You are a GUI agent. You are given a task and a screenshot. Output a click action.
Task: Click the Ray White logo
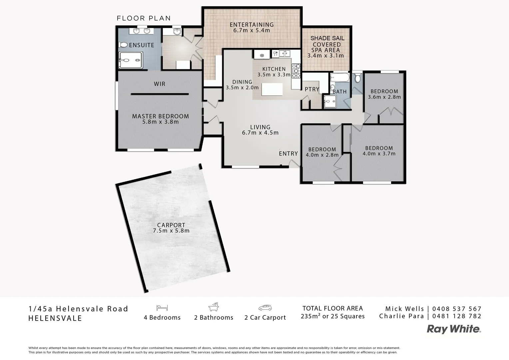[454, 329]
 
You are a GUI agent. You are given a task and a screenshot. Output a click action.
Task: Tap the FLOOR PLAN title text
[144, 18]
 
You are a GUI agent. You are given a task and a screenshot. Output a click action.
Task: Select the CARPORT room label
[171, 225]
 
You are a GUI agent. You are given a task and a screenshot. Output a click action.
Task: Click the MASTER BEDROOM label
[160, 116]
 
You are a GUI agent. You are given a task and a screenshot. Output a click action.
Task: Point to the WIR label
[160, 84]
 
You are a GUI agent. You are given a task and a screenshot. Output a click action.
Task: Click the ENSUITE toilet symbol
[122, 45]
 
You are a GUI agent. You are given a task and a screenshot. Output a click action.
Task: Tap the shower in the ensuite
[131, 60]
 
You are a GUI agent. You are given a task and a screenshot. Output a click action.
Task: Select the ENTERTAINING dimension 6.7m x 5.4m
[252, 30]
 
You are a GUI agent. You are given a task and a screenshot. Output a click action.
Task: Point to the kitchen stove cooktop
[296, 70]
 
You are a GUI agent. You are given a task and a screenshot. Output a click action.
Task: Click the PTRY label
[312, 89]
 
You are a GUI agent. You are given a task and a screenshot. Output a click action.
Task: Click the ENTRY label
[288, 153]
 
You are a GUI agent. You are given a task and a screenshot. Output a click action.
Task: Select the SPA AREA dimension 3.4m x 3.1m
[325, 56]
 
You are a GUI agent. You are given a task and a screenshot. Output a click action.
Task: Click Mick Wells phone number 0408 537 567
[457, 309]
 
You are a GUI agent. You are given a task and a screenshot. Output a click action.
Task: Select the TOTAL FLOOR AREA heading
[332, 308]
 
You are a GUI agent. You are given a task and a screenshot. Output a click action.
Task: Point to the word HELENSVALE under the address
[55, 318]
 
